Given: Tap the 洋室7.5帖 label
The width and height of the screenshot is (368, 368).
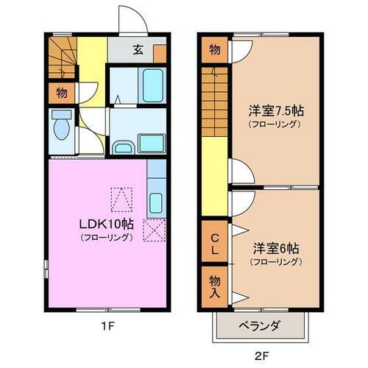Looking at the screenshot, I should pyautogui.click(x=276, y=111).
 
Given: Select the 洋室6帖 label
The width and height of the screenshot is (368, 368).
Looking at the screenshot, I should pyautogui.click(x=275, y=248).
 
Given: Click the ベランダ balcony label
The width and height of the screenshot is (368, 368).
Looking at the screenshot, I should pyautogui.click(x=258, y=325).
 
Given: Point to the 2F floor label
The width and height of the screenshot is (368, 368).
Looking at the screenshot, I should pyautogui.click(x=263, y=355).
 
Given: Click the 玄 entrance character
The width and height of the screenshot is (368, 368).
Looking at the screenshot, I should pyautogui.click(x=138, y=50).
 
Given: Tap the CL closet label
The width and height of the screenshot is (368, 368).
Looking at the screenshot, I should pyautogui.click(x=214, y=243).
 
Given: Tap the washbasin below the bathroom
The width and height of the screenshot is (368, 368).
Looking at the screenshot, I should pyautogui.click(x=124, y=147).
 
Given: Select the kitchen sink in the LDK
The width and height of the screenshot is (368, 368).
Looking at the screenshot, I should pyautogui.click(x=155, y=201).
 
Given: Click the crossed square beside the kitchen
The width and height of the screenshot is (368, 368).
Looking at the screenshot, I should pyautogui.click(x=155, y=230).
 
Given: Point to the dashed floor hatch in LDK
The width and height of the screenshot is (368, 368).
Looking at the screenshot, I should pyautogui.click(x=121, y=197).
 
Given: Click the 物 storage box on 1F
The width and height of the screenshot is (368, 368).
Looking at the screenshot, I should pyautogui.click(x=62, y=93).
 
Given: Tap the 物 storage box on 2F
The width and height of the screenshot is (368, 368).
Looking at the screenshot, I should pyautogui.click(x=214, y=50).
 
